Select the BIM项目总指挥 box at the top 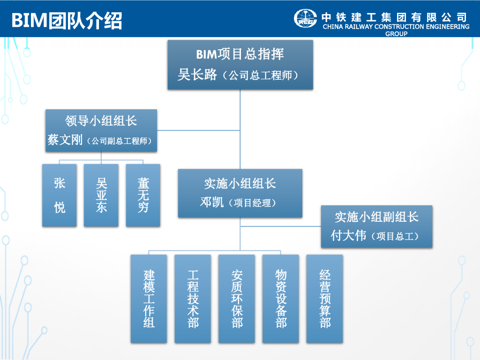240,64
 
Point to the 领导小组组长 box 101,130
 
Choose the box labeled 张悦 60,195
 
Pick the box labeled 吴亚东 101,195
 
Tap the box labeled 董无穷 143,195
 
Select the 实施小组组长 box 240,193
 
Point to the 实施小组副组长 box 376,226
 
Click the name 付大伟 348,235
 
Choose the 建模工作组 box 149,299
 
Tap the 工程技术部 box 193,299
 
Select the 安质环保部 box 237,299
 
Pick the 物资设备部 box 281,299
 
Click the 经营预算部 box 325,299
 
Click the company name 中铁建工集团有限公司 394,17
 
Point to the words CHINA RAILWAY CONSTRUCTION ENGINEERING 396,27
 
